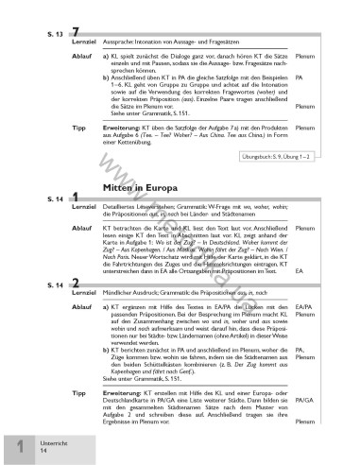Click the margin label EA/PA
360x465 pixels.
303,307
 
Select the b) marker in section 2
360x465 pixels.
104,348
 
